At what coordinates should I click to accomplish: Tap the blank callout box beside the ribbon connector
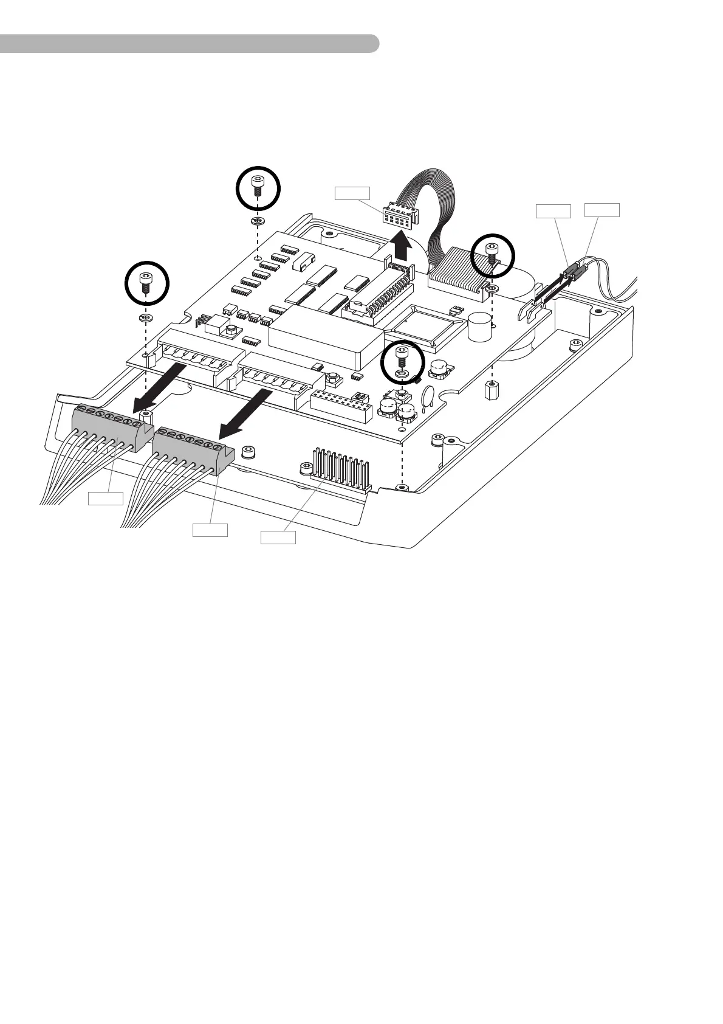(x=352, y=193)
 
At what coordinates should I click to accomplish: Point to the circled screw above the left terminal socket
(x=146, y=283)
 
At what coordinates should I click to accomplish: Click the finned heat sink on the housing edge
(x=340, y=471)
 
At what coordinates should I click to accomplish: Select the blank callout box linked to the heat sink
(x=278, y=537)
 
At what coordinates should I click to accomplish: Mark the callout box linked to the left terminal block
(x=105, y=499)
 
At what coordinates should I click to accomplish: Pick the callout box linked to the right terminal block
(x=210, y=530)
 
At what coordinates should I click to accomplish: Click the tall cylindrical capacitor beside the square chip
(x=479, y=327)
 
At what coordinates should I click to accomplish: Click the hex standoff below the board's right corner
(x=492, y=390)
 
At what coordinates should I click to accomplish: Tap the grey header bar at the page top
(x=188, y=44)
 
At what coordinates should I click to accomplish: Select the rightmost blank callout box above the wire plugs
(x=602, y=210)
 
